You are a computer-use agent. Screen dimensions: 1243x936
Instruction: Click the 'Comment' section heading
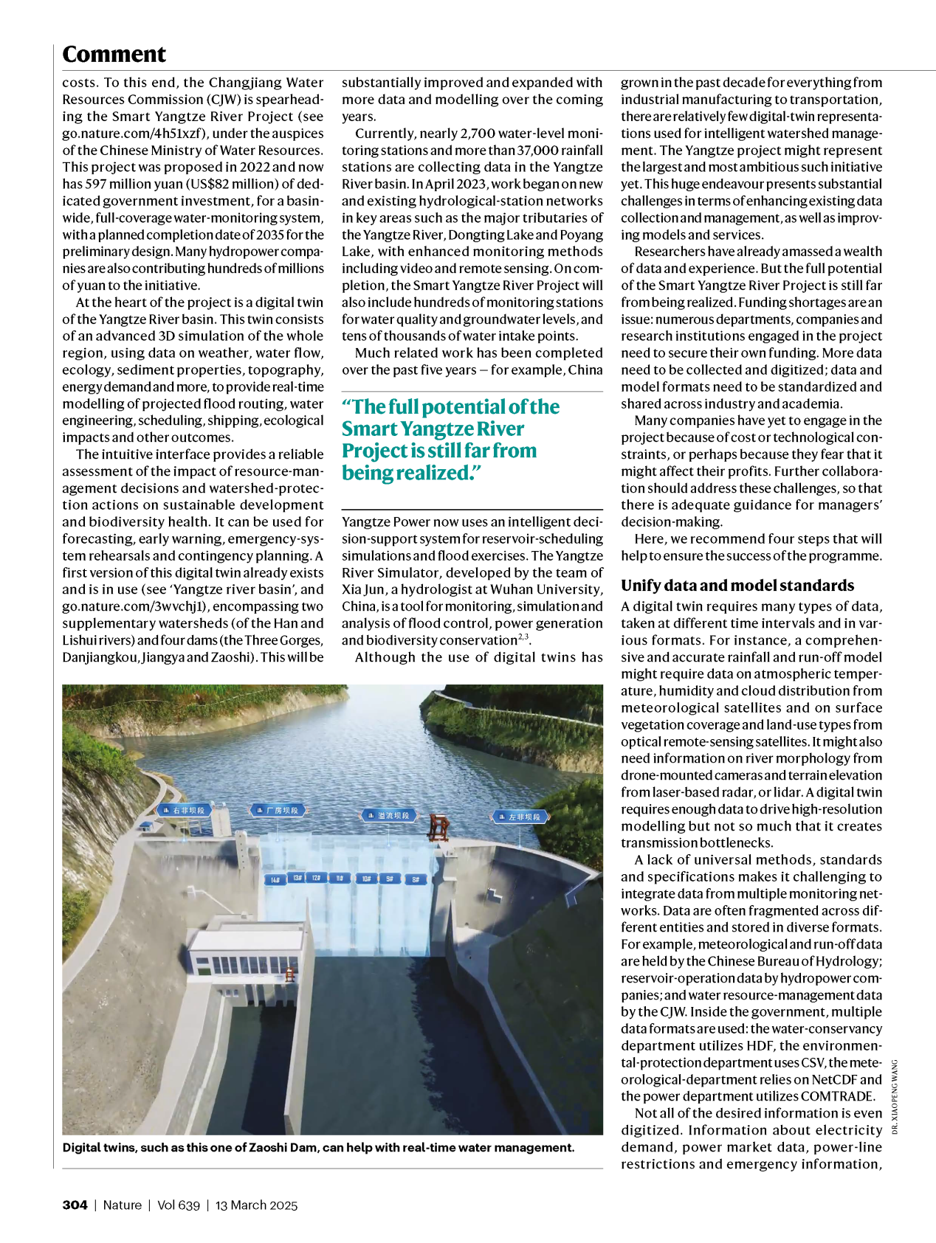pos(114,55)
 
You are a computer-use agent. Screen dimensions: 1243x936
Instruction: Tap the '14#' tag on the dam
pos(275,880)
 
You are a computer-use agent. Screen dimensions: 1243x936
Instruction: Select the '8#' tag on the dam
pos(416,879)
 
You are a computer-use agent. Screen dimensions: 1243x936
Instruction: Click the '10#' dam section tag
pos(365,879)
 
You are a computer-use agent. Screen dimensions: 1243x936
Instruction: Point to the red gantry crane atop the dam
pos(439,827)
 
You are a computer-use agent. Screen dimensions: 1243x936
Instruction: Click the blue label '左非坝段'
pos(520,817)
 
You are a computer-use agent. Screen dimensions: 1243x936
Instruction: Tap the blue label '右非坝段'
pos(185,810)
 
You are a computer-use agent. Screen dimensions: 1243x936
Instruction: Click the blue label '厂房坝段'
pos(278,810)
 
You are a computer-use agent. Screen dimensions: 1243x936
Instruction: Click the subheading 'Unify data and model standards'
pos(737,586)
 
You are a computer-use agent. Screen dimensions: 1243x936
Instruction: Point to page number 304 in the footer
pos(75,1205)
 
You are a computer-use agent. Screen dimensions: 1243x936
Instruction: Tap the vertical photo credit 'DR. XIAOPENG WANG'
pos(895,1096)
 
